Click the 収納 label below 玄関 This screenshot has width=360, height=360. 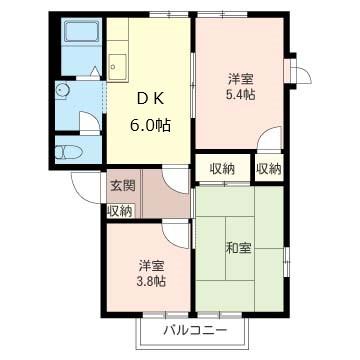coord(120,211)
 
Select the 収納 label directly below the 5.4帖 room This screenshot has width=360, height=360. coord(222,168)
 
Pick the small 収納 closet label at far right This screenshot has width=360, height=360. coord(267,168)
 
